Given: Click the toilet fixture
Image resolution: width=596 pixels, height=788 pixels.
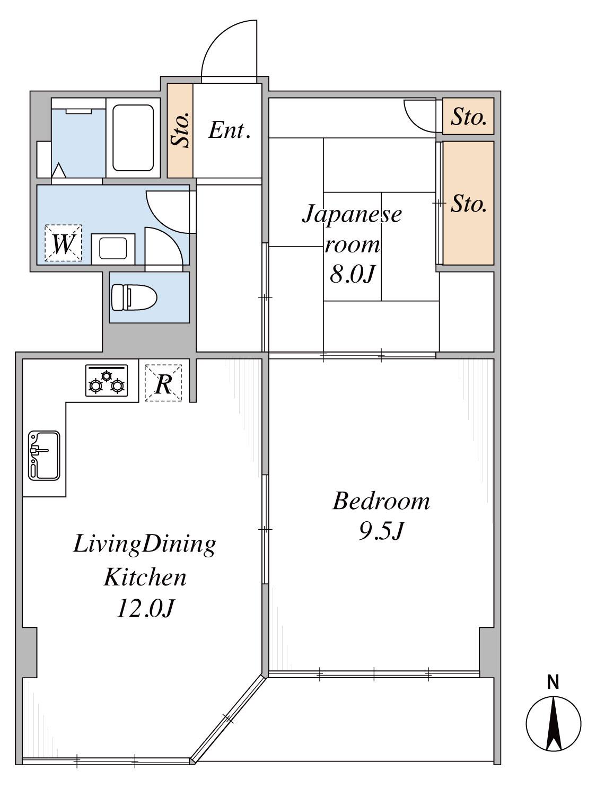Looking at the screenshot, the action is point(134,297).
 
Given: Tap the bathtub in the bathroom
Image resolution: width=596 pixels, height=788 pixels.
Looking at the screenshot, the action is point(133,138).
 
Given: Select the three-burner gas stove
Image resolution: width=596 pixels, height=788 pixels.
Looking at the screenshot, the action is point(107,381).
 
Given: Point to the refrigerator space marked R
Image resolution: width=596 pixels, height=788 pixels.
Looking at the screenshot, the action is point(163,383).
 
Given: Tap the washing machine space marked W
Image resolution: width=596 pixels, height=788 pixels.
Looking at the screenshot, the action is point(63,243).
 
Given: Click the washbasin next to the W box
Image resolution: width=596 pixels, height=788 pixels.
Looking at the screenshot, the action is point(113,249).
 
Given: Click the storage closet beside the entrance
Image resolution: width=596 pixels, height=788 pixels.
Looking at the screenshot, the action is point(180,130).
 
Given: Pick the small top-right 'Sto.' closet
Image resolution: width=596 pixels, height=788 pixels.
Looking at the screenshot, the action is point(468,116).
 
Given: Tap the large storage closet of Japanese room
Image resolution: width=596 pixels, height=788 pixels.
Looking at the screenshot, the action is point(468,203).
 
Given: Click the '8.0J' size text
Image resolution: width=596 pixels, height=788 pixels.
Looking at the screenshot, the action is point(353,275).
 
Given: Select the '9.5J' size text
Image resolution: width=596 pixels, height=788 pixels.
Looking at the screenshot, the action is point(381,531).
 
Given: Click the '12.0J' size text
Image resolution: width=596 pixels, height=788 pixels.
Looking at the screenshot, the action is point(146,608).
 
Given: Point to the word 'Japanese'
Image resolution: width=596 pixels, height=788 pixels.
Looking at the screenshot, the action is point(352,215).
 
